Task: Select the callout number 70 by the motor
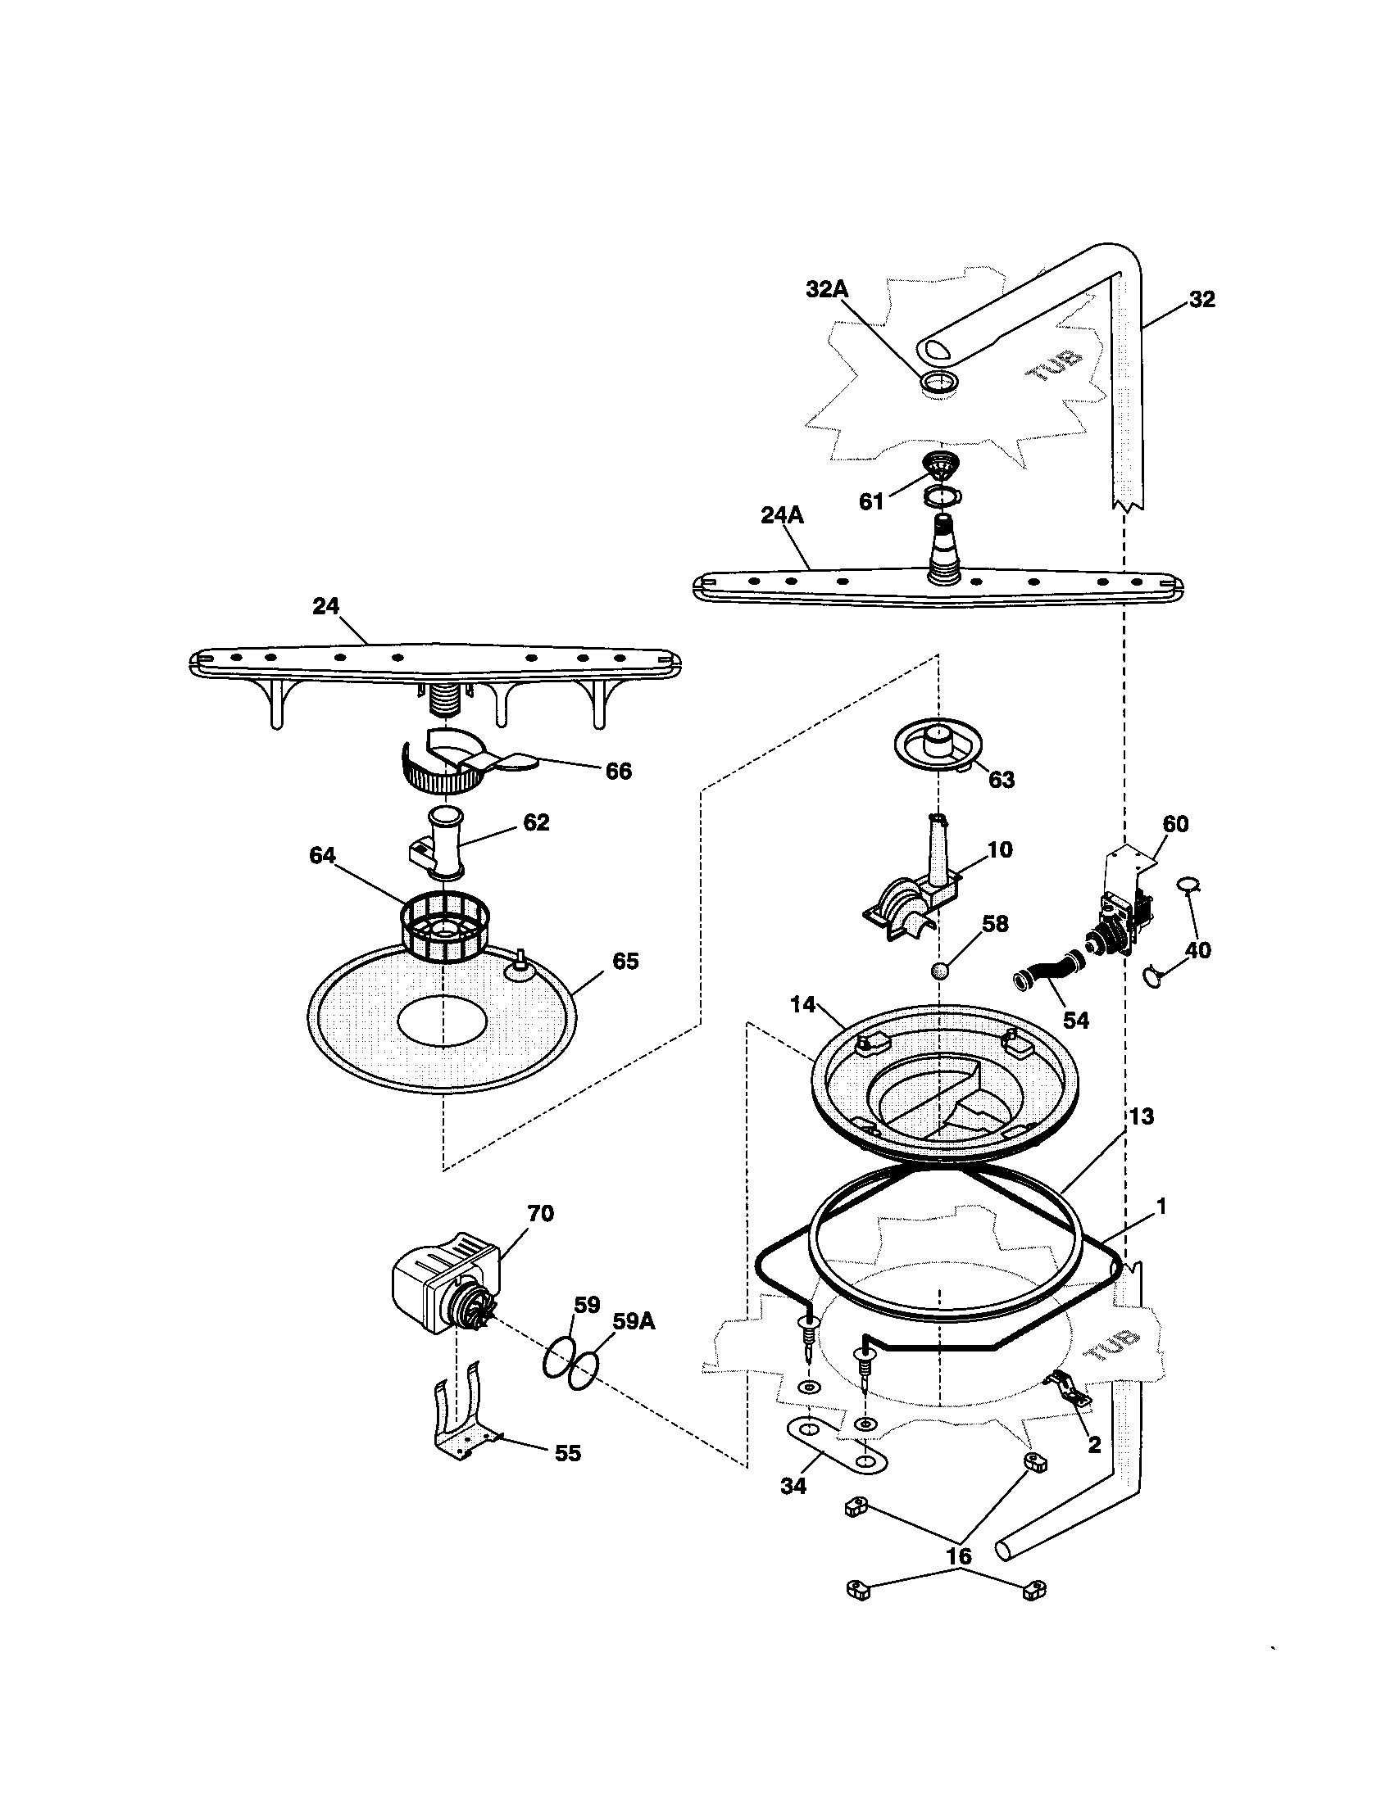[x=542, y=1213]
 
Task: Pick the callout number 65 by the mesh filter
[x=625, y=962]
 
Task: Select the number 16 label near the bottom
[x=958, y=1555]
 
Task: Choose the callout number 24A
[x=782, y=516]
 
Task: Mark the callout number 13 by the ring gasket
[x=1141, y=1116]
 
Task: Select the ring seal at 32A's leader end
[x=939, y=381]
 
